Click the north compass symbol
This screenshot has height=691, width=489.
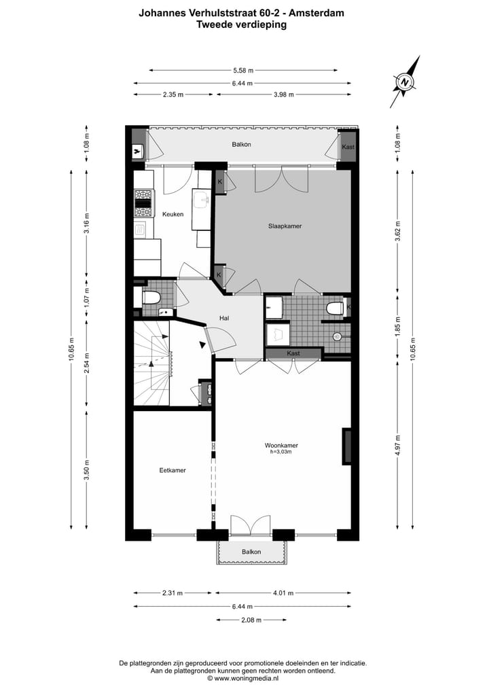pos(405,83)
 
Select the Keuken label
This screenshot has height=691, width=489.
pos(173,214)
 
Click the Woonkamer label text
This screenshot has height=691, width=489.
pos(281,446)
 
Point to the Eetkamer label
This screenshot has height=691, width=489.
pos(173,469)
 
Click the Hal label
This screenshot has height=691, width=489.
pos(223,317)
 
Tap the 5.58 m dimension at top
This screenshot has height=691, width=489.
pos(242,70)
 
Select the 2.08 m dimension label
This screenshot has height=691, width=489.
pos(251,620)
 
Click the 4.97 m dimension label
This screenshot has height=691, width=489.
pos(399,446)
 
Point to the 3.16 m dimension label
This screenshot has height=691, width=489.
pos(86,222)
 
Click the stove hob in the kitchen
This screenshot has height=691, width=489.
pos(143,198)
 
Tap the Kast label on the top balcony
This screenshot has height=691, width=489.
pos(348,147)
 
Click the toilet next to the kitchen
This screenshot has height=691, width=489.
pos(150,298)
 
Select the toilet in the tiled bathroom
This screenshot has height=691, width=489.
pos(335,309)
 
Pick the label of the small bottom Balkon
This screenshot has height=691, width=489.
pos(251,552)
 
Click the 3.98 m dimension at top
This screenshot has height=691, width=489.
pos(283,94)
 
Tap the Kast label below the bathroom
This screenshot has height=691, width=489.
pos(293,353)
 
